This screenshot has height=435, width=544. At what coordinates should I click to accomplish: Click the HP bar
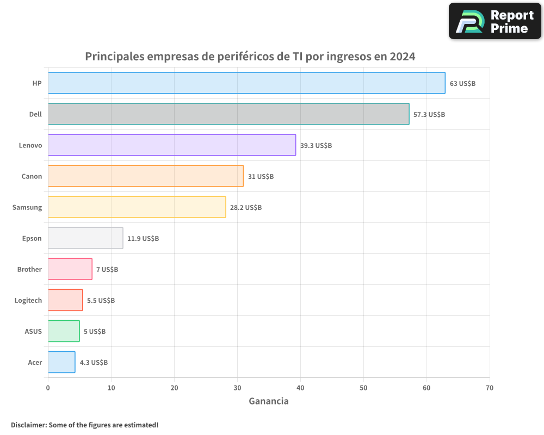click(x=246, y=83)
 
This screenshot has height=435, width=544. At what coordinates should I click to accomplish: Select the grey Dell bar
click(x=228, y=114)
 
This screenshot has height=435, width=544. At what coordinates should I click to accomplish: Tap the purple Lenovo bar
click(x=172, y=145)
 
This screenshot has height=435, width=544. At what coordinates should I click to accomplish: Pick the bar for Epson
click(x=85, y=238)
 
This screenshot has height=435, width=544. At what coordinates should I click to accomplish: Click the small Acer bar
click(x=61, y=362)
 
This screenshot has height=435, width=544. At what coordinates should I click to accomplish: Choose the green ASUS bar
click(x=64, y=331)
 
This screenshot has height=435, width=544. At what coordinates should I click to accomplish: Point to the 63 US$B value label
click(x=462, y=83)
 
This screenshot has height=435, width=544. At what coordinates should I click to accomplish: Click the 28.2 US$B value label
click(x=246, y=207)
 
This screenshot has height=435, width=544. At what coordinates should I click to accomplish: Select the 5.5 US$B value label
click(x=101, y=300)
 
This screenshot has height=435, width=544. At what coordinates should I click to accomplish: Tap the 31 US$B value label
click(x=261, y=176)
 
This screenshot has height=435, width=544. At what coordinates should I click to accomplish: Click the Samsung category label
click(x=27, y=207)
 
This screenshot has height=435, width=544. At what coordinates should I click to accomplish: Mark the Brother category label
click(x=29, y=269)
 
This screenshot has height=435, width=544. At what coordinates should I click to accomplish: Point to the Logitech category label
click(x=28, y=300)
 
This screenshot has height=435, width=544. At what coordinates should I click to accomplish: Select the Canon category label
click(x=32, y=176)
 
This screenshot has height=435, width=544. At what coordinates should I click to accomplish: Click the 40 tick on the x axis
click(x=300, y=388)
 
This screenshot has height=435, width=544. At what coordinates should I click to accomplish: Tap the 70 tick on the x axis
click(x=490, y=388)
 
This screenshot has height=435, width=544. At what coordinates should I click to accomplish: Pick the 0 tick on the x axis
click(x=48, y=388)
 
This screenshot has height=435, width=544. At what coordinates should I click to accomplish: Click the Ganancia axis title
click(x=269, y=401)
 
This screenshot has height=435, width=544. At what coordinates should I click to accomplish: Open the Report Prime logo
click(x=495, y=21)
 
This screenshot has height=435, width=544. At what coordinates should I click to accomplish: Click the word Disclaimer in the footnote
click(x=28, y=425)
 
